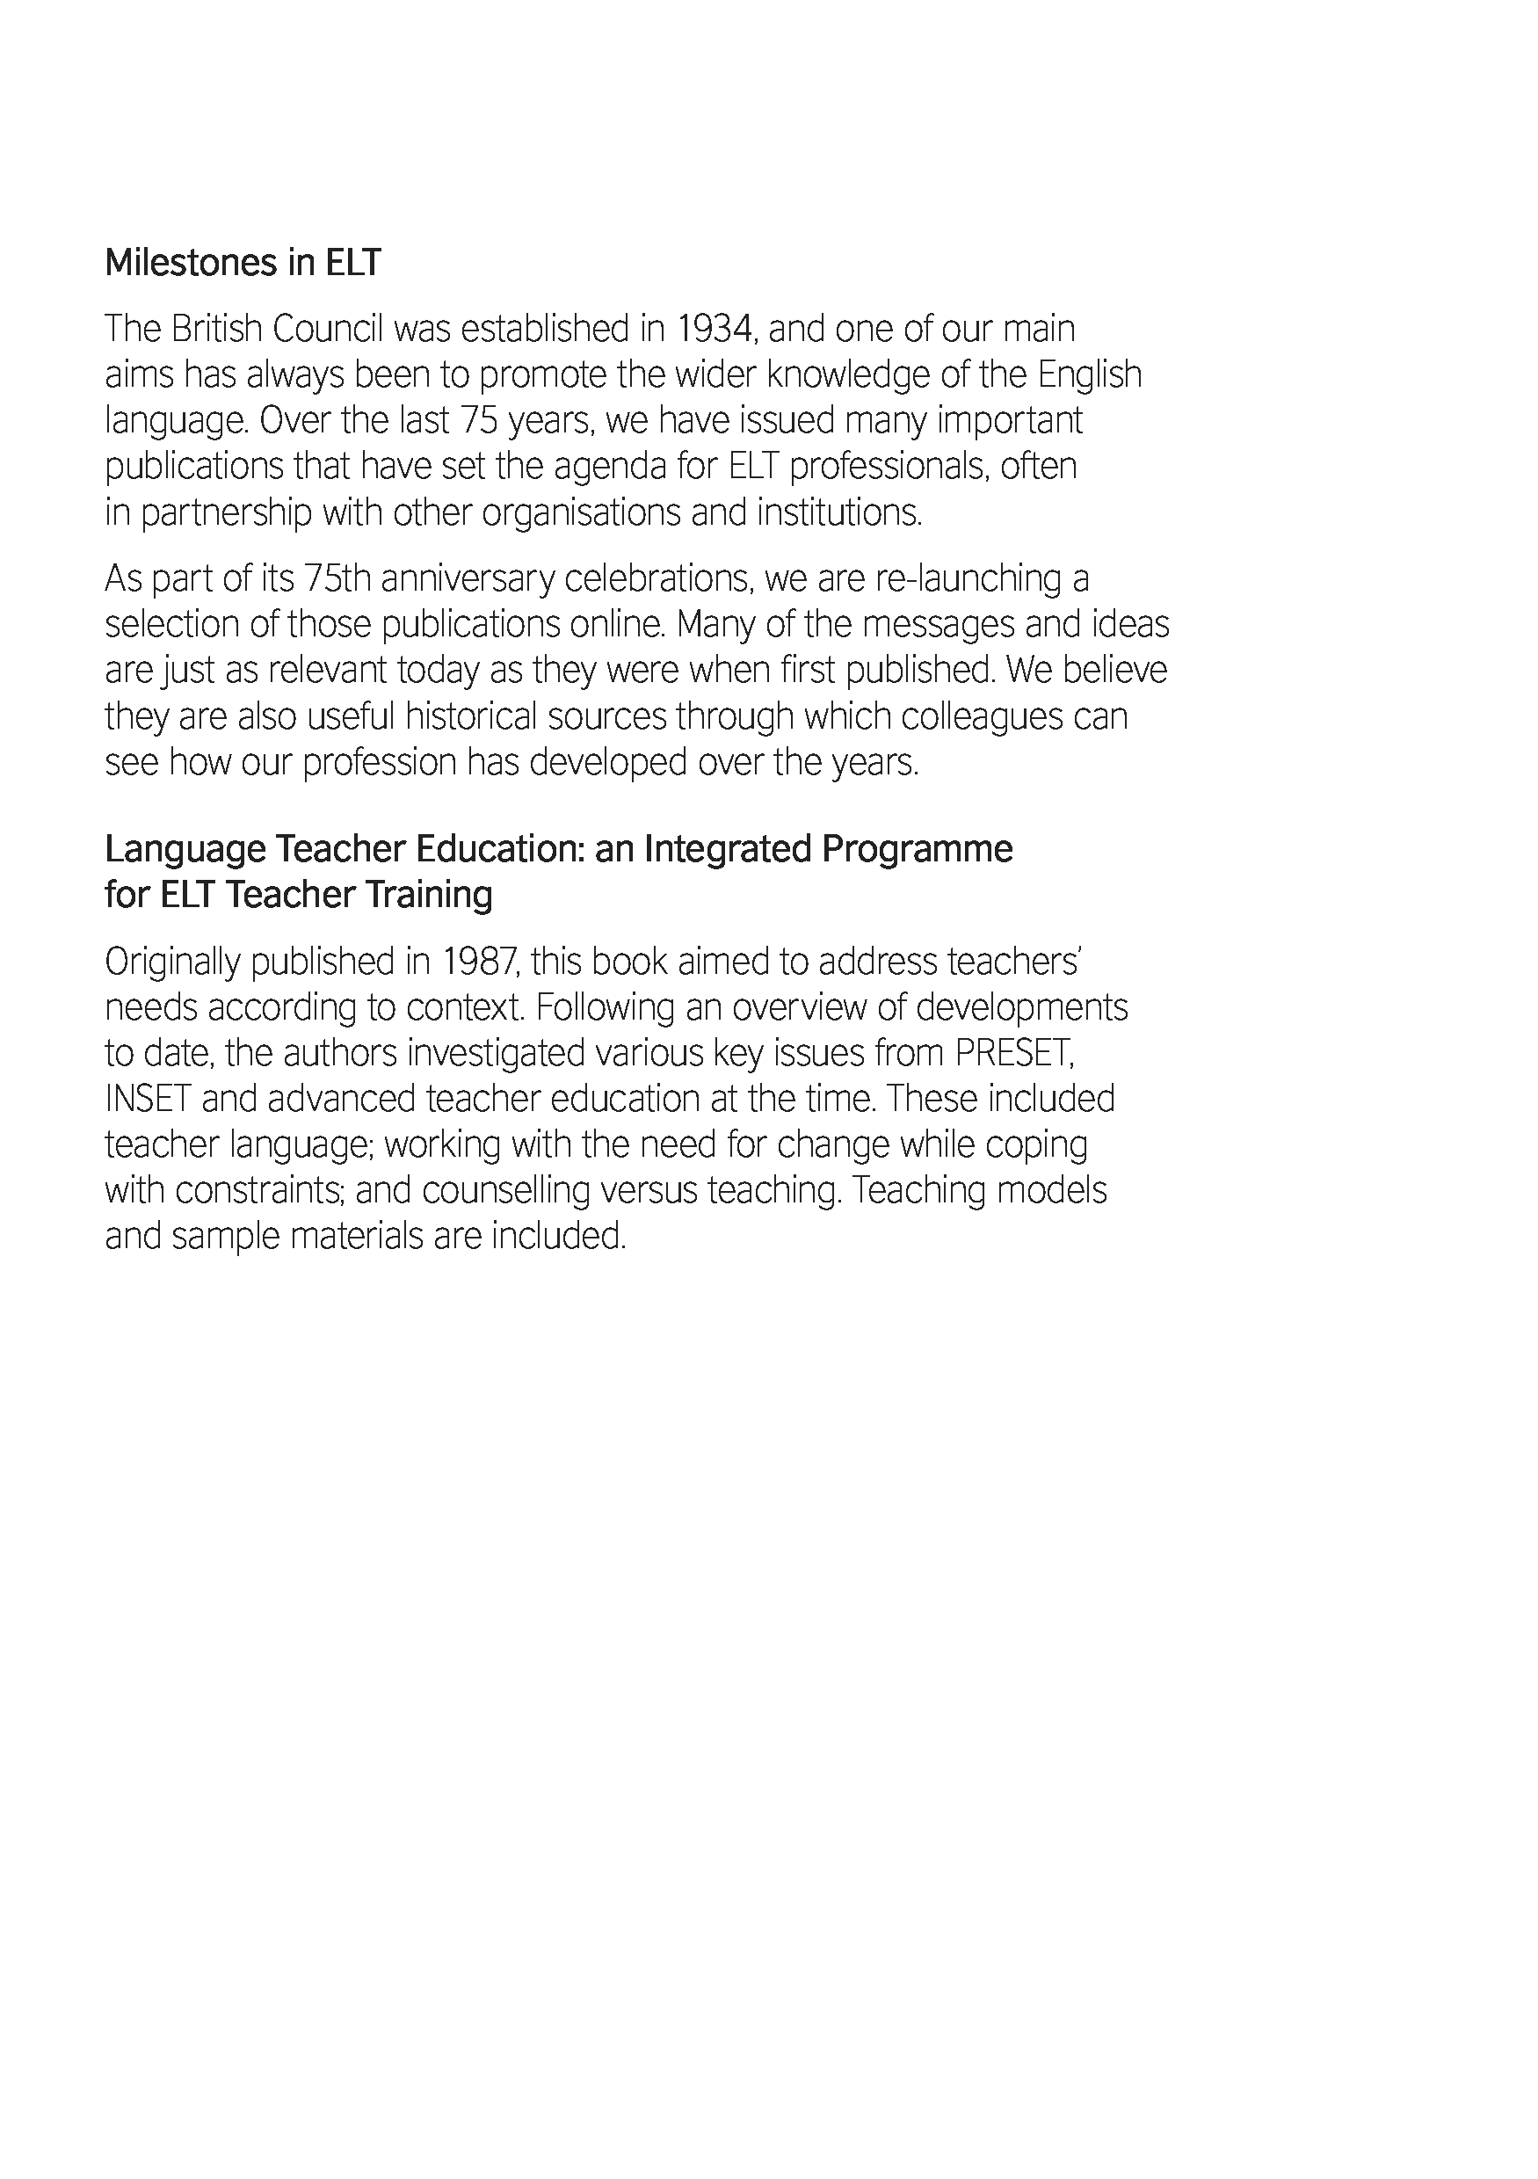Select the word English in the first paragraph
click(1089, 374)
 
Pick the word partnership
click(226, 513)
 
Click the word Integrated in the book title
click(727, 848)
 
